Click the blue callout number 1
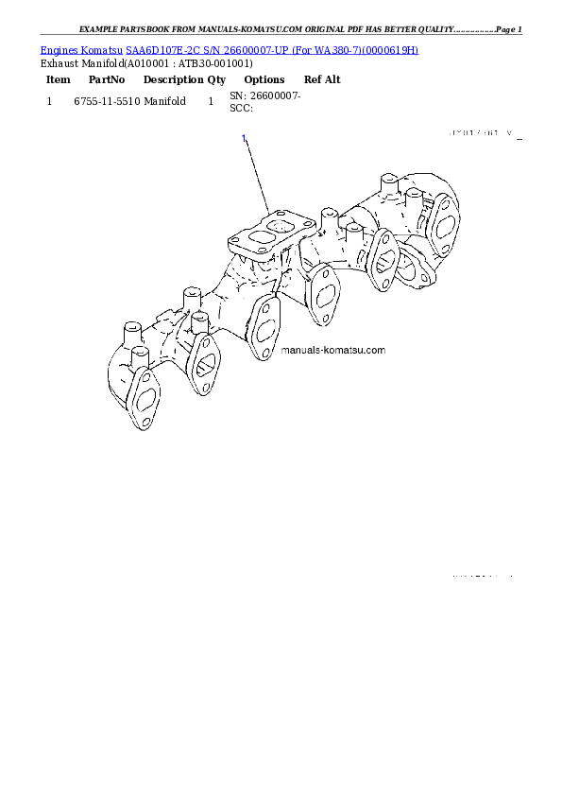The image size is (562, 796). coord(244,139)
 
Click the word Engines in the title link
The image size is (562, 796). coord(59,49)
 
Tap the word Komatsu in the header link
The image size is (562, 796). coord(102,49)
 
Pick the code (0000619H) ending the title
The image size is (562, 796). coord(386,49)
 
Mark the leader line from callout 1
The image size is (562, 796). coord(257,175)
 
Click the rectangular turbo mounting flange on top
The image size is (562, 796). coord(266,233)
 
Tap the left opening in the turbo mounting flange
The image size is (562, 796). coord(255,231)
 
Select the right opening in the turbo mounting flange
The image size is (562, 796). coord(279,226)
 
